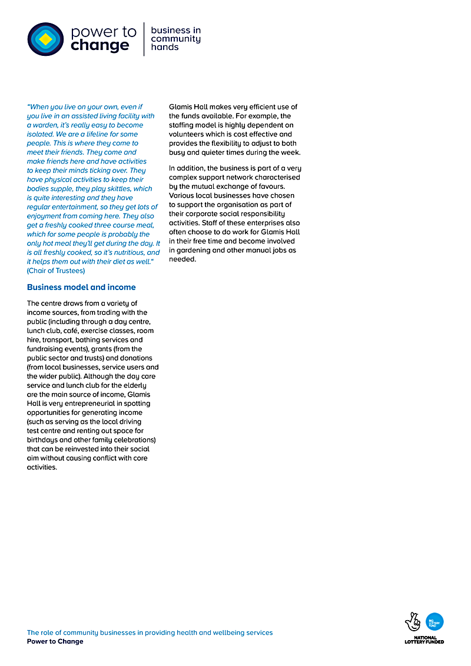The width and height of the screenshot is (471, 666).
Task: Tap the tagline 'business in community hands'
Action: (175, 38)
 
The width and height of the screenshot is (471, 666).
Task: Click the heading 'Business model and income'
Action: (81, 287)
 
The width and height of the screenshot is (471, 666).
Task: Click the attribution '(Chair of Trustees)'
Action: (56, 271)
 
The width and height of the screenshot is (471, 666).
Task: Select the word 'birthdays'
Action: (43, 440)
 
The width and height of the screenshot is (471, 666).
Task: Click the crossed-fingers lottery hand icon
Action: (413, 622)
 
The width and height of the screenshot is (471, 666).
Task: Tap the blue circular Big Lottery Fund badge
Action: (434, 621)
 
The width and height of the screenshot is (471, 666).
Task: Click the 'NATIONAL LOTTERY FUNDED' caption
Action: (424, 640)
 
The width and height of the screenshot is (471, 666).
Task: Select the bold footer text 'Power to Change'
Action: (55, 641)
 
